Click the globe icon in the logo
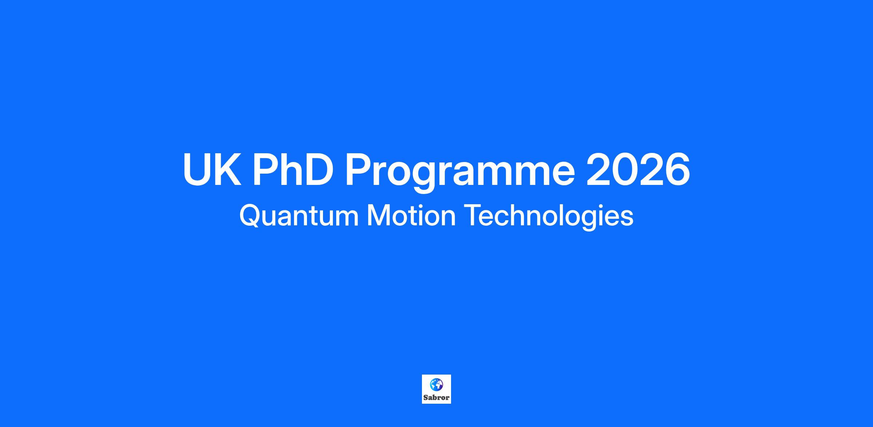click(x=436, y=385)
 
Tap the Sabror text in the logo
click(x=436, y=398)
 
